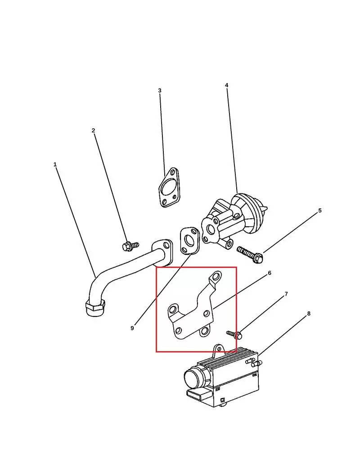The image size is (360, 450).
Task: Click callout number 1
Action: [x=55, y=165]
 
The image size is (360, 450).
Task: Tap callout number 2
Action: [x=93, y=130]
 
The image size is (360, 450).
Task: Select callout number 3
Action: [x=160, y=90]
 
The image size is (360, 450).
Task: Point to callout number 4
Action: [x=226, y=85]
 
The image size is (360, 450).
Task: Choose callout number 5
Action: [x=320, y=211]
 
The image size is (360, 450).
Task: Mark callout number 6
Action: [x=269, y=273]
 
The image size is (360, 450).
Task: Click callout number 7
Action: [x=286, y=294]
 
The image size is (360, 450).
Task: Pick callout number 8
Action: [x=309, y=314]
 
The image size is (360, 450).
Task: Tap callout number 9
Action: [x=132, y=328]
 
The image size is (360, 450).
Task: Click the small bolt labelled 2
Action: [x=130, y=246]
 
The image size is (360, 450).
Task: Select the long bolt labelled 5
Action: [x=250, y=254]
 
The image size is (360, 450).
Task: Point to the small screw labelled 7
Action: [x=234, y=334]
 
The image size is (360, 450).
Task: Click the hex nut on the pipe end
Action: [x=95, y=308]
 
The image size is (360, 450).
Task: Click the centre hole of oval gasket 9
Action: [x=189, y=240]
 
